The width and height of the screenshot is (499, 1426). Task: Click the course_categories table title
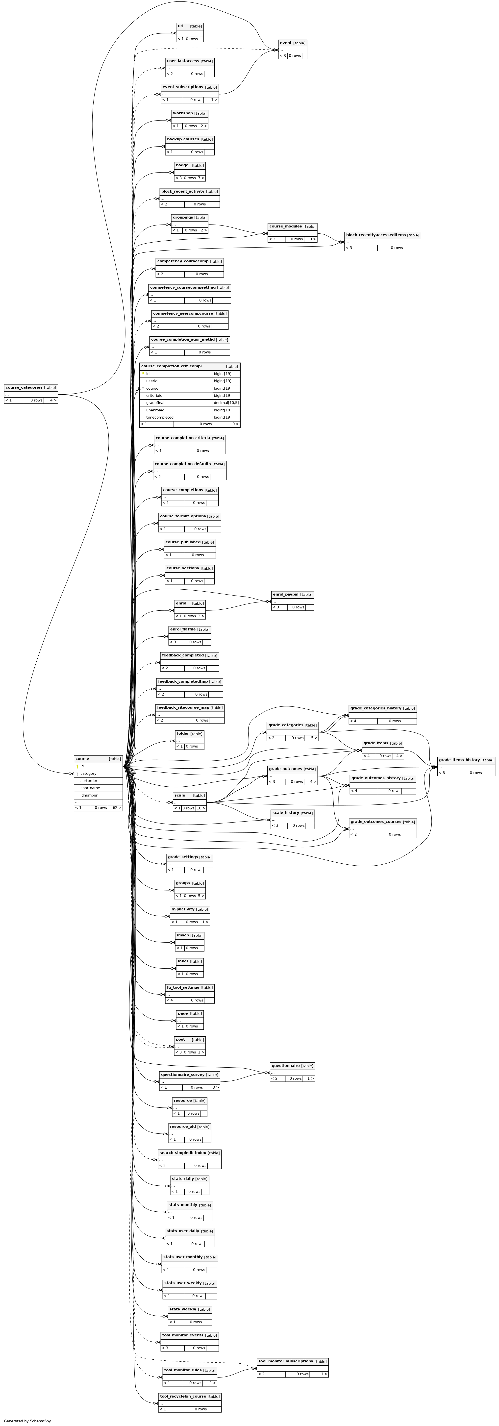[x=24, y=387]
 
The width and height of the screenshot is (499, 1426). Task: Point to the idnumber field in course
[x=89, y=795]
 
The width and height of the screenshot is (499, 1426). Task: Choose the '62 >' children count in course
[x=116, y=808]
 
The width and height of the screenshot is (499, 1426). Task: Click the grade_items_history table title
[x=459, y=760]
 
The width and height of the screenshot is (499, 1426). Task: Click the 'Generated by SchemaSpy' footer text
[x=27, y=1421]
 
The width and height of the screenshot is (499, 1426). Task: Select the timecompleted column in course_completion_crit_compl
[x=159, y=417]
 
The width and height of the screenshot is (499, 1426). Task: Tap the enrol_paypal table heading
[x=285, y=594]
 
